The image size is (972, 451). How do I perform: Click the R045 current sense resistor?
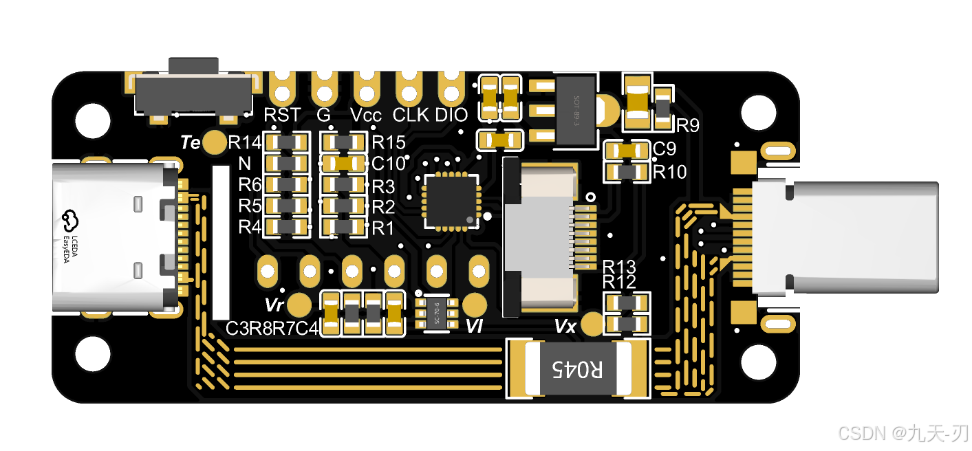[x=578, y=370]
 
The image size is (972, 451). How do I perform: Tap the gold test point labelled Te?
[x=216, y=142]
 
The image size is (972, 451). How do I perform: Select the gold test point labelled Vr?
[x=299, y=304]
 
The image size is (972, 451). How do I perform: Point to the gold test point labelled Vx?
[x=592, y=324]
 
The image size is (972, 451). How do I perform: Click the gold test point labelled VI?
[x=475, y=304]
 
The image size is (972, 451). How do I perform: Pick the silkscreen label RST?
[x=283, y=115]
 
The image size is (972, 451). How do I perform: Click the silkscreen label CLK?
[x=411, y=115]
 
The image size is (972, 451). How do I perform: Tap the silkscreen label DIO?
[x=451, y=115]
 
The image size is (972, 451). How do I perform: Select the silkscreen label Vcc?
[x=365, y=115]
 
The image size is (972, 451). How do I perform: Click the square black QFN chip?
[x=451, y=200]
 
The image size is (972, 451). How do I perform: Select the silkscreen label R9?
[x=688, y=126]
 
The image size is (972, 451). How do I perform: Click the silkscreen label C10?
[x=389, y=164]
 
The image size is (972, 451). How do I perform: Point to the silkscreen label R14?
[x=244, y=143]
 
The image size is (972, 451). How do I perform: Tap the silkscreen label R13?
[x=619, y=267]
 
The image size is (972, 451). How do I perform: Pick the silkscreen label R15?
[x=388, y=143]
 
